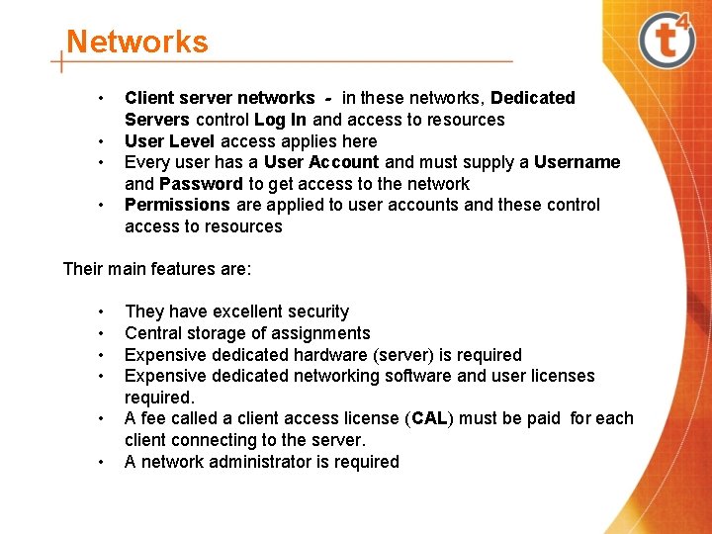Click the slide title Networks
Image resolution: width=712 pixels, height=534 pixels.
137,43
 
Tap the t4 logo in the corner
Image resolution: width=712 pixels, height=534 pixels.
667,41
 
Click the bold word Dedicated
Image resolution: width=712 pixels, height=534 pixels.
532,98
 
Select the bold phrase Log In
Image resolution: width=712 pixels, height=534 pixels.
281,120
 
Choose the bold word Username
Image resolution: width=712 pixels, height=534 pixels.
577,162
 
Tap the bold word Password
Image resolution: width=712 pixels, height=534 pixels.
201,184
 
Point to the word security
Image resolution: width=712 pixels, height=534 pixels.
315,311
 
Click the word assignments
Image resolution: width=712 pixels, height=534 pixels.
320,333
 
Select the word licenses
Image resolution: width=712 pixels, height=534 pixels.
563,376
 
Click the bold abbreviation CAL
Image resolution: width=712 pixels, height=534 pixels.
428,418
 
